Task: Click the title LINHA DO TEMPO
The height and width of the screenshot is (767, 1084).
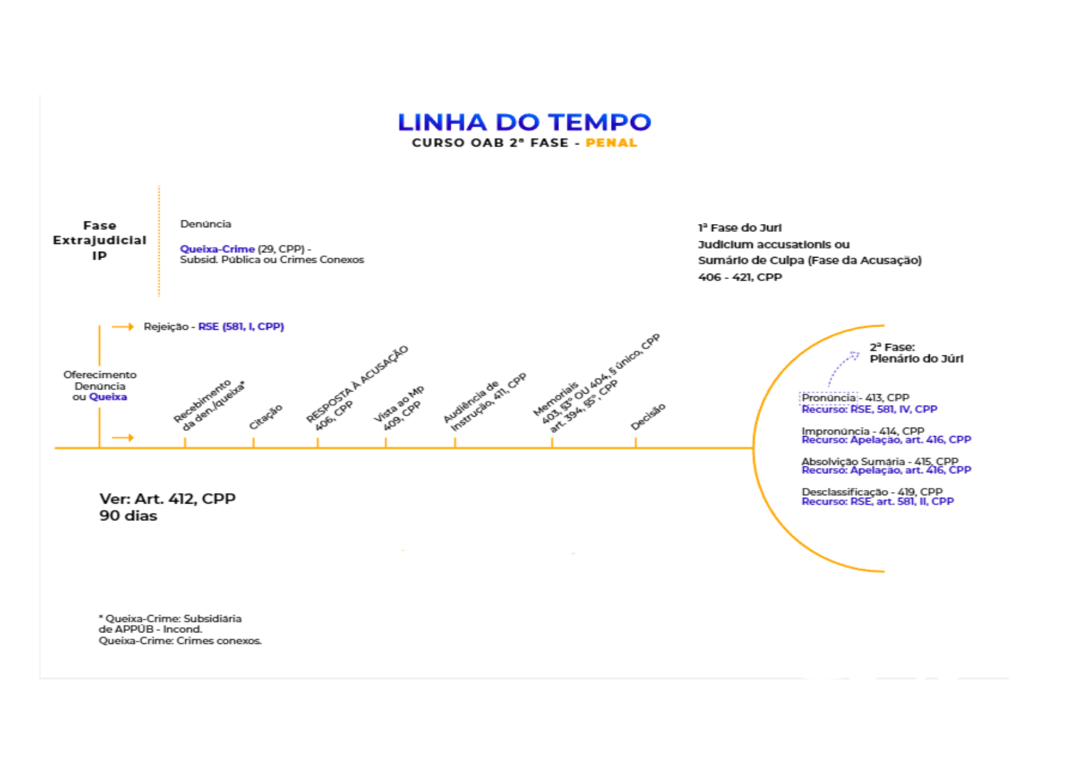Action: coord(524,122)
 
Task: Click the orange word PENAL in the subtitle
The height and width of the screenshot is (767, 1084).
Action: coord(611,143)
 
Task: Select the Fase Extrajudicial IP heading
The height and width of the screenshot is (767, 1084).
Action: coord(99,240)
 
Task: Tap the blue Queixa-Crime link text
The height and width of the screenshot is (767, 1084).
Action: coord(217,249)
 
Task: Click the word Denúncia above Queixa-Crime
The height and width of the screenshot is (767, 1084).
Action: coord(205,224)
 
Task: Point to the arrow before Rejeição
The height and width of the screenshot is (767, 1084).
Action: coord(122,327)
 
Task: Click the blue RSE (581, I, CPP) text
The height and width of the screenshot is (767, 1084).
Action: coord(241,327)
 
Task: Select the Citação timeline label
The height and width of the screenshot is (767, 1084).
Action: coord(265,417)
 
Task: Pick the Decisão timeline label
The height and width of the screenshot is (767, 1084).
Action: coord(648,417)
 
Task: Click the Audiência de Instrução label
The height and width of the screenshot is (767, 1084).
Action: coord(484,402)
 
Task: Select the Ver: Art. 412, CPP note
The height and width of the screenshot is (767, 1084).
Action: coord(167,499)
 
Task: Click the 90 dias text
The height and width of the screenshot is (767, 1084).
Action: coord(128,516)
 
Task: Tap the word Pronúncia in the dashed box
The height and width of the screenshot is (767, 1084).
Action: coord(828,398)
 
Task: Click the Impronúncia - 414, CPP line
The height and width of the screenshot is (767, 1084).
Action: coord(863,431)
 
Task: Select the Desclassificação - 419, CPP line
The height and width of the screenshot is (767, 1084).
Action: coord(872,492)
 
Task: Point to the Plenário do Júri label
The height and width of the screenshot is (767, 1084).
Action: coord(916,359)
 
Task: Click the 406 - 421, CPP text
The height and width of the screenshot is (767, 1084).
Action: coord(740,278)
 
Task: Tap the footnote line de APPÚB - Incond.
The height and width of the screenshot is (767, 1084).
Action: coord(150,629)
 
